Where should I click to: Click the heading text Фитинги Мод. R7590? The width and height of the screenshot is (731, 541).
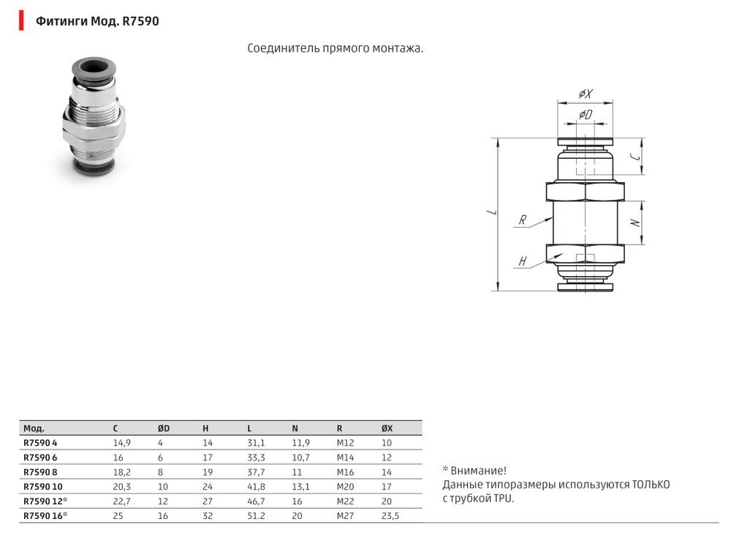click(x=97, y=21)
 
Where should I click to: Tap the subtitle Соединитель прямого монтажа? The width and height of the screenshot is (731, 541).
click(x=336, y=48)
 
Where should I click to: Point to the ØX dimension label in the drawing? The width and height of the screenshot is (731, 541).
click(x=586, y=94)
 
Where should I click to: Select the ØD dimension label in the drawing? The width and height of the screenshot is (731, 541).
click(x=586, y=116)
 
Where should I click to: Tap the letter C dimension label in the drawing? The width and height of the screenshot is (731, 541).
click(x=637, y=157)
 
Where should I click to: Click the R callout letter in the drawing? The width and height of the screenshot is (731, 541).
click(x=523, y=220)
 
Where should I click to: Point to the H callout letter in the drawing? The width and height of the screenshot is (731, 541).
click(x=523, y=261)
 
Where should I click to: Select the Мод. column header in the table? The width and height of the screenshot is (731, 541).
click(x=34, y=428)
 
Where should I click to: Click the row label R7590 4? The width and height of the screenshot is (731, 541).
click(x=39, y=443)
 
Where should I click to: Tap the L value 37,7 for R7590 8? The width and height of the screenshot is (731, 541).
click(x=256, y=472)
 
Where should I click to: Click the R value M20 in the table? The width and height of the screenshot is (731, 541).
click(x=344, y=486)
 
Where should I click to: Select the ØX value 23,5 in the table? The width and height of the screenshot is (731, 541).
click(x=391, y=515)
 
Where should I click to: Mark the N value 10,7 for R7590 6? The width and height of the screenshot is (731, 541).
click(x=300, y=458)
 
